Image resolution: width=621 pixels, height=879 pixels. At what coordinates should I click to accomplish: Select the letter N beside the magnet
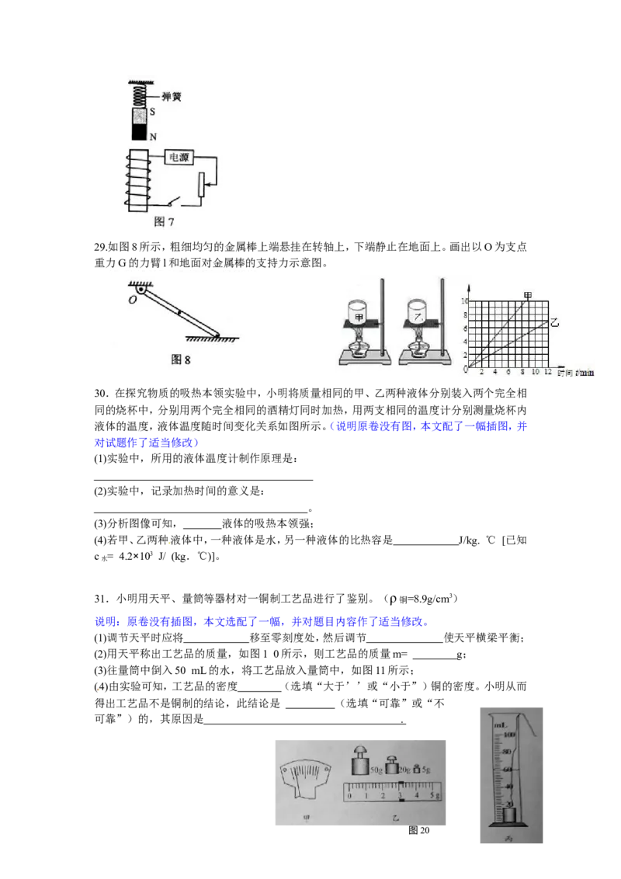[153, 137]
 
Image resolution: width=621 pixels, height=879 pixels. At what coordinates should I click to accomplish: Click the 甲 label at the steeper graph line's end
[528, 296]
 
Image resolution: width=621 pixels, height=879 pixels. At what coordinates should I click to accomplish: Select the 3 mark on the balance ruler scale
[400, 795]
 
